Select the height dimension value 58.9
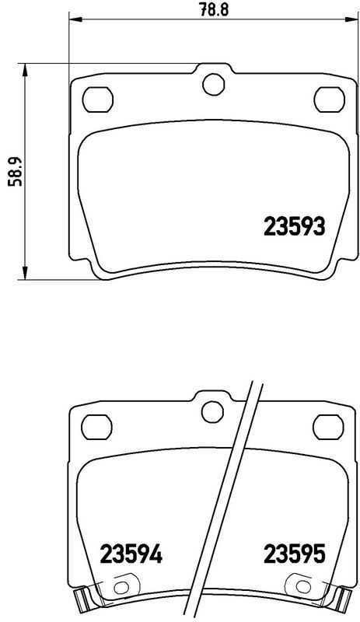click(x=13, y=169)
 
